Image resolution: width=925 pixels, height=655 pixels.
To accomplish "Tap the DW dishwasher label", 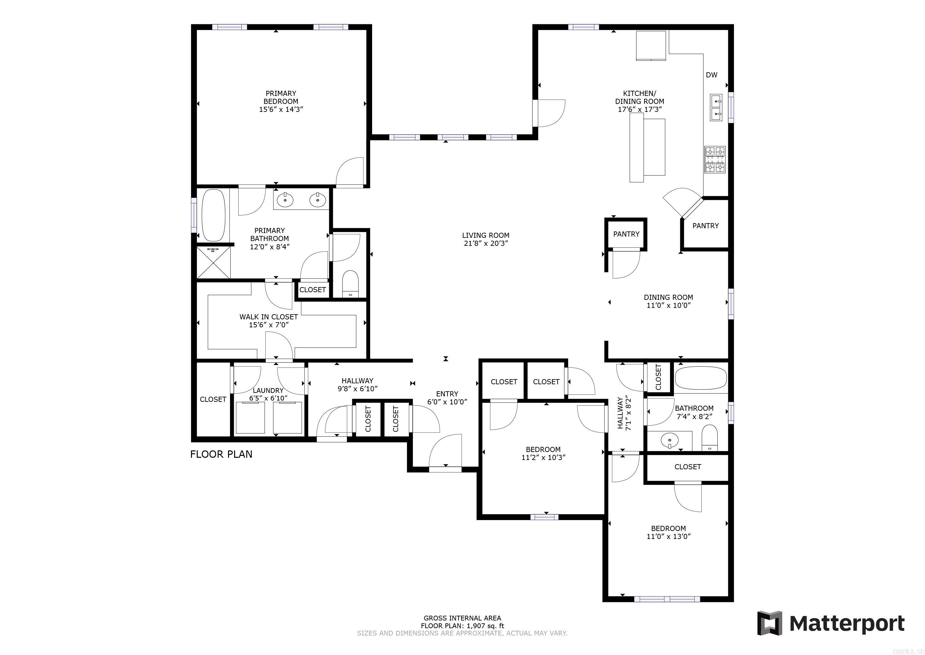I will click(711, 74).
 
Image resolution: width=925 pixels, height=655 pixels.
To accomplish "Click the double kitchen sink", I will click(716, 107).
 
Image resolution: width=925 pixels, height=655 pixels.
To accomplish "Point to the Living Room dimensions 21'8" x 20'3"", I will click(485, 244).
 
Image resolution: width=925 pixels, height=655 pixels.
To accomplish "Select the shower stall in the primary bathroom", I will click(214, 262).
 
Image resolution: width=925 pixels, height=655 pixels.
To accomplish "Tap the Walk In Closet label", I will click(268, 317).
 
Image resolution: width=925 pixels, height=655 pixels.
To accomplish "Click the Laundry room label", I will click(268, 390).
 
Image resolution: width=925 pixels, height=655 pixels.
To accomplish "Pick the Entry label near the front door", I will click(447, 394).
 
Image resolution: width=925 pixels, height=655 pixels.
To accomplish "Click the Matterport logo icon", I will click(769, 623).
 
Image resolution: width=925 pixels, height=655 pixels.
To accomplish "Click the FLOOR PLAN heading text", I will click(221, 454).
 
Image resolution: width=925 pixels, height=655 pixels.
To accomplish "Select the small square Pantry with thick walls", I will click(626, 234).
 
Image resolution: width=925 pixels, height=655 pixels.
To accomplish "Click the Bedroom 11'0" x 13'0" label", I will click(669, 532).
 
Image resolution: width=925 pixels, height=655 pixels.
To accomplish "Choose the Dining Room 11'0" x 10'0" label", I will click(669, 301).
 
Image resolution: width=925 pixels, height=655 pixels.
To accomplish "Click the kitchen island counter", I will click(647, 147).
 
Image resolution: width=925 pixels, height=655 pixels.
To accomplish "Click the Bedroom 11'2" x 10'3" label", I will click(543, 453).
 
